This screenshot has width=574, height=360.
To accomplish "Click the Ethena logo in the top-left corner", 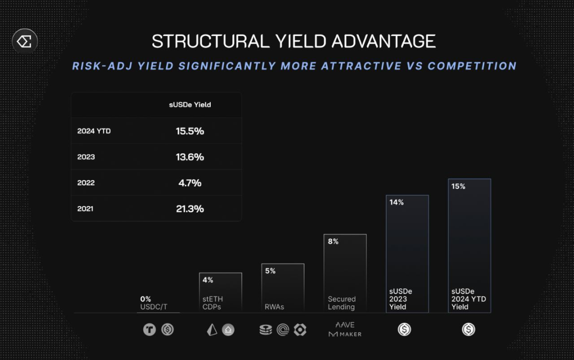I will coord(24,41).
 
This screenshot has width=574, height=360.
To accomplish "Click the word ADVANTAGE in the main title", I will coord(383,41).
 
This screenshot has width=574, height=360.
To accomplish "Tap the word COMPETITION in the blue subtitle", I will coord(472,66).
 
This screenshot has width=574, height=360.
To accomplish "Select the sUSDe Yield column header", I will coord(190,105).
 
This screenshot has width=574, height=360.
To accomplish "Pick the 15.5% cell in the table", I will coord(190,131).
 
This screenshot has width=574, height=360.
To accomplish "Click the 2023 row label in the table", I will coord(86,157).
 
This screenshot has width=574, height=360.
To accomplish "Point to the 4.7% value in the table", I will coord(190,183).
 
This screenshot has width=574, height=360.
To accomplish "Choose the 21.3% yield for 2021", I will coord(190,209).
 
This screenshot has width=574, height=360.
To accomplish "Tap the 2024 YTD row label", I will coord(94,131).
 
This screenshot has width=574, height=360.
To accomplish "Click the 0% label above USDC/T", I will coord(145,299).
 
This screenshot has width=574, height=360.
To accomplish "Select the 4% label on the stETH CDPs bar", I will coord(208,280).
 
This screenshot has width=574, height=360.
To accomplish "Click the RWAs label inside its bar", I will coord(274,307).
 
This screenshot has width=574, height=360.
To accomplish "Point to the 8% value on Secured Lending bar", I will coord(333,241).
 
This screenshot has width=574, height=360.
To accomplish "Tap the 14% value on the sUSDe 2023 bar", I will coord(397,202).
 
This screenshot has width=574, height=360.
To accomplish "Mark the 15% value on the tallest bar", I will coord(458,186).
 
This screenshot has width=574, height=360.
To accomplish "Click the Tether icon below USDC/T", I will coord(149,329).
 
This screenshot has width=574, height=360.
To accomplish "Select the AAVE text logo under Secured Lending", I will coord(345,325).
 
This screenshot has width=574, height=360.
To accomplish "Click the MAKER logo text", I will coord(345,334).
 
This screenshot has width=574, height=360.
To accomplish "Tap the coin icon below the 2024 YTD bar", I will coord(468,329).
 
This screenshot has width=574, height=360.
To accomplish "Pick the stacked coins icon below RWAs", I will coord(266,330).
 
